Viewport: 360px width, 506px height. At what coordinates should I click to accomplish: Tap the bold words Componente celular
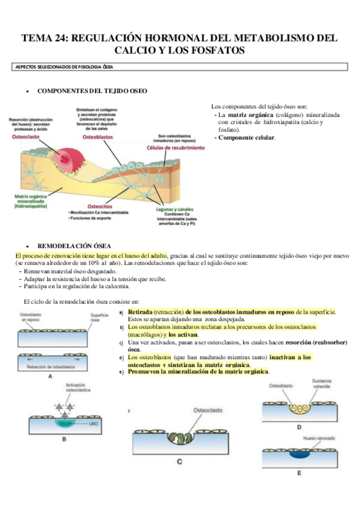(x=246, y=137)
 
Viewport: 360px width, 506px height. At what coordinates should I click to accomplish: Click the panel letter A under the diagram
(x=50, y=377)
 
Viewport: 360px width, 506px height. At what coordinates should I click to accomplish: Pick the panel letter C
(x=179, y=461)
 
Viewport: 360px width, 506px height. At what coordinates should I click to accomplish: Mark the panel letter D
(x=299, y=427)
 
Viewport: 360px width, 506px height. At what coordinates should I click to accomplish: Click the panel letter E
(x=299, y=473)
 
